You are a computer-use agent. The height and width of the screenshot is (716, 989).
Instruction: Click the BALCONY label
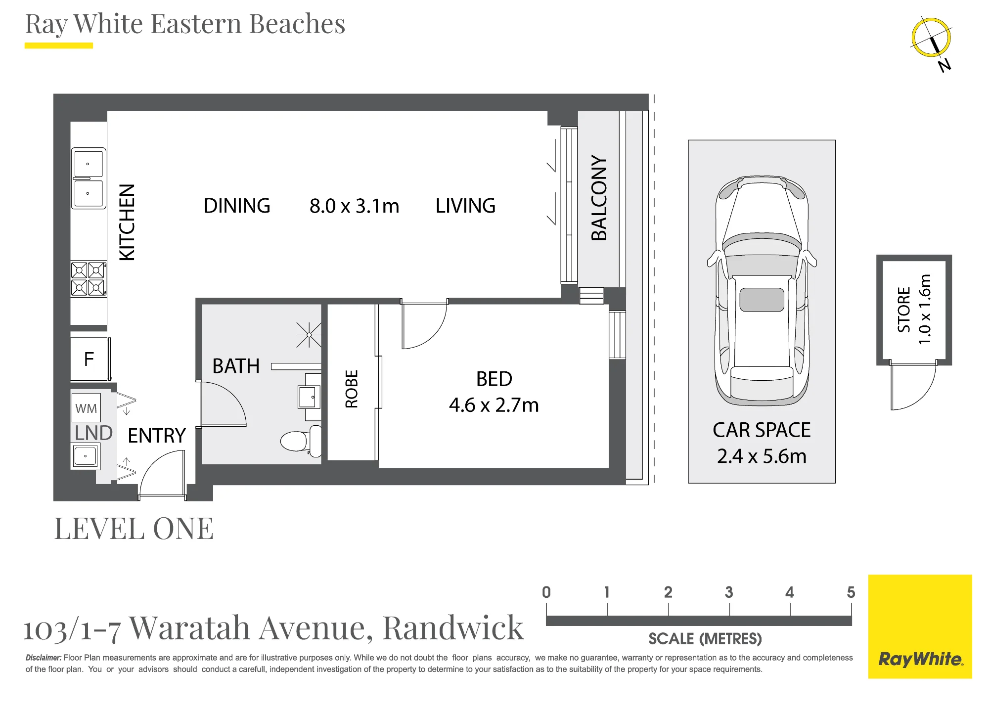599,198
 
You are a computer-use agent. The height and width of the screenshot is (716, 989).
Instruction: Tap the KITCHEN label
127,222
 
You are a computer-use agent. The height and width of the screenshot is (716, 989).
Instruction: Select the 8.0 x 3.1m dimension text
354,206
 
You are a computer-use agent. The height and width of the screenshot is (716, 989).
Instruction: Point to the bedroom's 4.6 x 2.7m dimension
494,405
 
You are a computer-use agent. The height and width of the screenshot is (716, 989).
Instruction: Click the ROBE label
352,389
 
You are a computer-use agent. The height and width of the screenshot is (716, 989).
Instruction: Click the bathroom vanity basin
309,397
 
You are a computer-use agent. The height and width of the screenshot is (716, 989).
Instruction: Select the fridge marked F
90,359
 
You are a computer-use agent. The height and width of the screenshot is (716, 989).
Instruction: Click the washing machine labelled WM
86,408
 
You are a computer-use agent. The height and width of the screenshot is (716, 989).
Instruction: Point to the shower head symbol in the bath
309,335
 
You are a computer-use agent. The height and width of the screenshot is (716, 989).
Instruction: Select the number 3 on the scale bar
729,592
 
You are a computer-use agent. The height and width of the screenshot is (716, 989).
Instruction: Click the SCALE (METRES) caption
705,639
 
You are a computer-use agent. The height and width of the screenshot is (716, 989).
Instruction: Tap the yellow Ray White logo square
920,626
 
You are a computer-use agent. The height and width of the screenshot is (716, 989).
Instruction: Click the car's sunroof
762,300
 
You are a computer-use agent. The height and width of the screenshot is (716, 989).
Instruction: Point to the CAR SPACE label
762,430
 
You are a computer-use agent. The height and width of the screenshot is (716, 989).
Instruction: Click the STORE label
904,310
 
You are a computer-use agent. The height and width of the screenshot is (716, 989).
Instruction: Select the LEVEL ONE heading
134,529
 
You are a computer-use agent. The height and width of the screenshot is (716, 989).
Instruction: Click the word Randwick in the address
453,628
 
